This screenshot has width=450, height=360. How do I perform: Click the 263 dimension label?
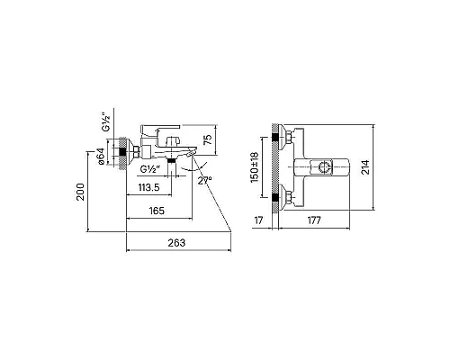coord(176,242)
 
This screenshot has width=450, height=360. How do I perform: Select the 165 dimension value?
coord(157,211)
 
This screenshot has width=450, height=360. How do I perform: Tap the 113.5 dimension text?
coord(148,187)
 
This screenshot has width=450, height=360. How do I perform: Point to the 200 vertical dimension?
coord(80,192)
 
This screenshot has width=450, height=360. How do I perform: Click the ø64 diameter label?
coord(101,156)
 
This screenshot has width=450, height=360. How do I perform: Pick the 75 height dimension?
coord(208,139)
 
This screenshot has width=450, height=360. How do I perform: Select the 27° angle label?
coord(205,180)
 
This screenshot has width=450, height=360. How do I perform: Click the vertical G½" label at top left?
coord(106,122)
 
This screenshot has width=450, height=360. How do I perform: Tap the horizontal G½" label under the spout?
coord(149,169)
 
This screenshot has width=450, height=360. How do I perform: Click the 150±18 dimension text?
coord(254,167)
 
